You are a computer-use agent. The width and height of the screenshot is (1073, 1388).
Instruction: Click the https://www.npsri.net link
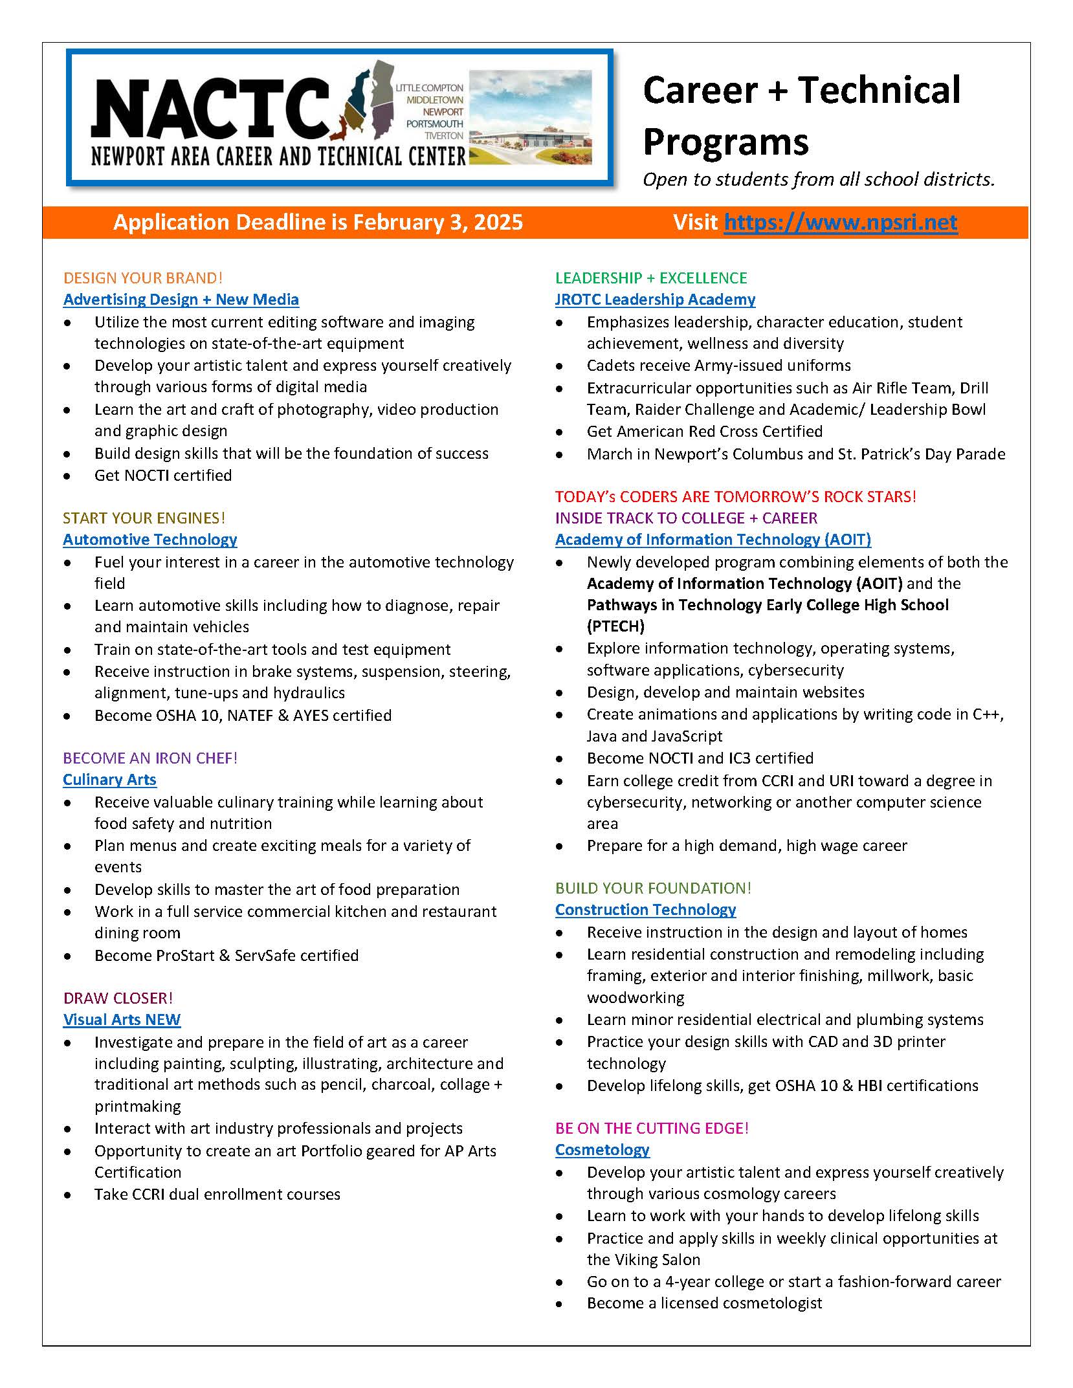840,223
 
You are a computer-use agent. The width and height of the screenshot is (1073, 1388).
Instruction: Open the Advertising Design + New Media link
181,300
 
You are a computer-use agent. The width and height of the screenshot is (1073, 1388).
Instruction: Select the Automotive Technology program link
150,540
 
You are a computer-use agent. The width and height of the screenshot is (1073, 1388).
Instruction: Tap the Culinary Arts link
109,780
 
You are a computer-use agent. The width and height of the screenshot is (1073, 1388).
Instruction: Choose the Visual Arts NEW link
122,1020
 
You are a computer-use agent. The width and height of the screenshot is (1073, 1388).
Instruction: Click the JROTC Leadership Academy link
655,300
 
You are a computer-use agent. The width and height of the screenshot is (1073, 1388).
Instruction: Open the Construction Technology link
645,910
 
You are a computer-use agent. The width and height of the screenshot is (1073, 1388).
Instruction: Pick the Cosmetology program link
602,1150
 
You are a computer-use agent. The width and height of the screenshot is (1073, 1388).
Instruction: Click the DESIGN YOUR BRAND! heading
143,278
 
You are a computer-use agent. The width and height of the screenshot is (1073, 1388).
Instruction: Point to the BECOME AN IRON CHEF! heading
150,758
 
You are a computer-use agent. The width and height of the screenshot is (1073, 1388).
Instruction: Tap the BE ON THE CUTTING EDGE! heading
652,1128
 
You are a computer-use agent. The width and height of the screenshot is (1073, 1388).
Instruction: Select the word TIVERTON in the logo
444,136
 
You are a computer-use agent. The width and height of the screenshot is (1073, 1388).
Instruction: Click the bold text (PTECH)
615,626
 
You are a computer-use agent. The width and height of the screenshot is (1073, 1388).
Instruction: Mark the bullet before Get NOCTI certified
67,476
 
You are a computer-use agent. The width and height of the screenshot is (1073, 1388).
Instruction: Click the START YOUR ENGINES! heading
144,518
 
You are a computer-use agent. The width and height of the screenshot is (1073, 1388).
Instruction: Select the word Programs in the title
725,142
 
